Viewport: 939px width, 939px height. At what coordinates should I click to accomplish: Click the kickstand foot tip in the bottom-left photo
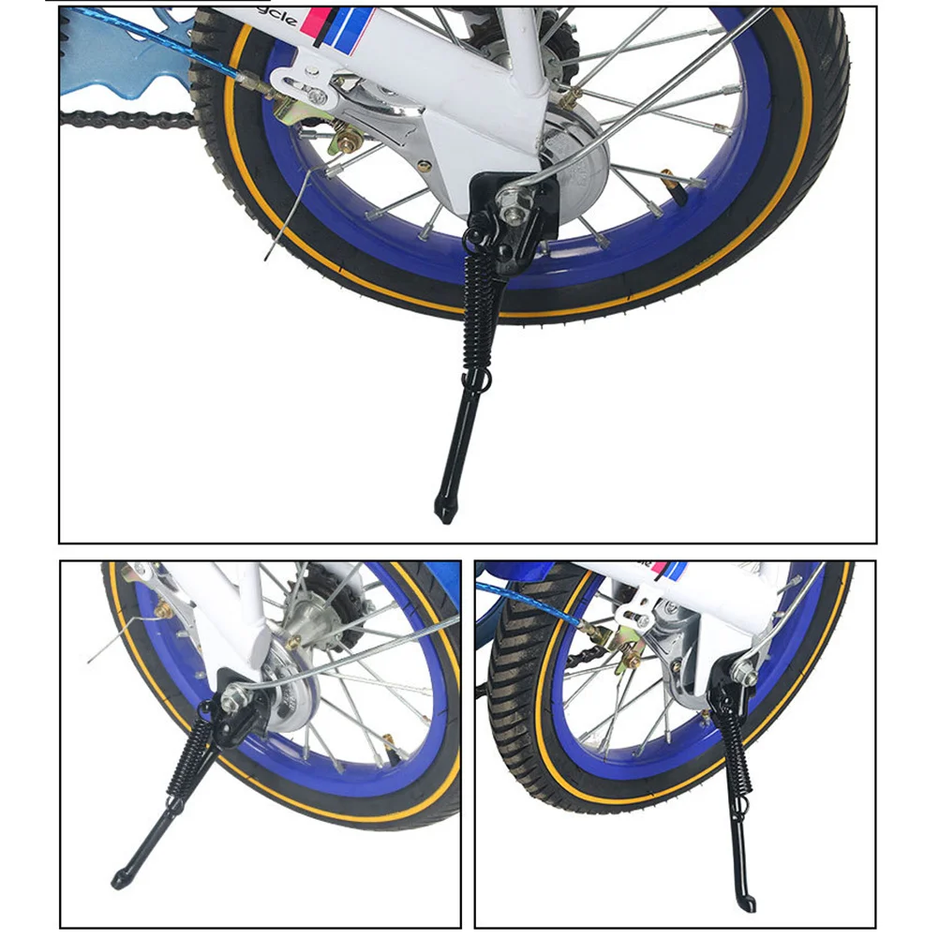click(x=118, y=880)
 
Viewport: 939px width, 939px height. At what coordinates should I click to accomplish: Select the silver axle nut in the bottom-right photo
click(x=744, y=672)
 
